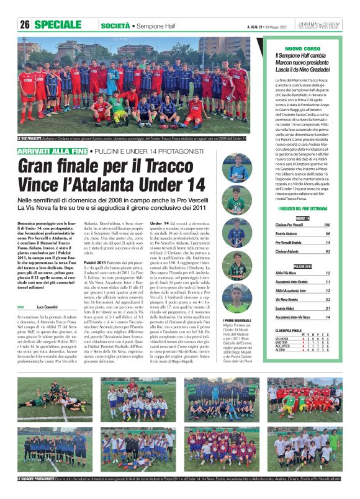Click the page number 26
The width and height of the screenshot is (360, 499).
click(25, 25)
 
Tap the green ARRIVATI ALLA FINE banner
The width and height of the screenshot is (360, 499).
click(52, 151)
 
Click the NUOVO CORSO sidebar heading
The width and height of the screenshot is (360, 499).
click(302, 48)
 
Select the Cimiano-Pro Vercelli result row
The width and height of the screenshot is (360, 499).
click(303, 225)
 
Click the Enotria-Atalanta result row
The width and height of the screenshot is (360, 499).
click(303, 234)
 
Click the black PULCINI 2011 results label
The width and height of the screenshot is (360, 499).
click(303, 266)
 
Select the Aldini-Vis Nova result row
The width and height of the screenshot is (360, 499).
click(303, 273)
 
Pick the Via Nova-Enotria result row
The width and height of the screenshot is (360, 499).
click(303, 299)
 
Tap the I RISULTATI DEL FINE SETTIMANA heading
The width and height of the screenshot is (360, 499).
click(303, 209)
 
